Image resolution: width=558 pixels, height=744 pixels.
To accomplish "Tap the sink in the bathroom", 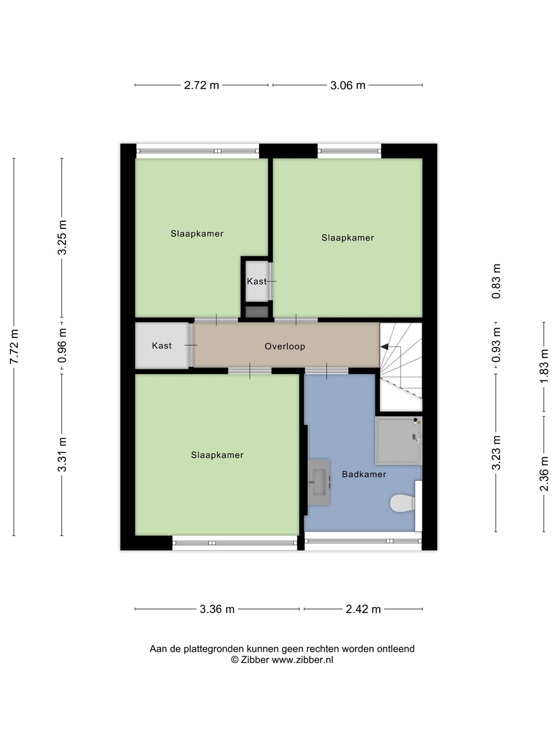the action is click(319, 482).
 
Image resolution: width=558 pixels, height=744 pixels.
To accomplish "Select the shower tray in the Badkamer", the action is click(399, 440).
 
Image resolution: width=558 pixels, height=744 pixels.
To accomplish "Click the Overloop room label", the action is click(285, 346).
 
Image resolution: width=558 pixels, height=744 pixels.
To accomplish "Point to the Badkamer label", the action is click(364, 474).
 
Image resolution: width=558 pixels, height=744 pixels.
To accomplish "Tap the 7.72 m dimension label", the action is click(14, 346).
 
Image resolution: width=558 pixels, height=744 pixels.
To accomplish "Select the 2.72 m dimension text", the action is click(202, 85).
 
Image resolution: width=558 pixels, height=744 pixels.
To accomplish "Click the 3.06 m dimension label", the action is click(348, 85).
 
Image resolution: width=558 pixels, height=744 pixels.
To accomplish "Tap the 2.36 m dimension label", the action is click(544, 474).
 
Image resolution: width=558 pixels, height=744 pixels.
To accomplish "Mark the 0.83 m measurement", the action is click(496, 282).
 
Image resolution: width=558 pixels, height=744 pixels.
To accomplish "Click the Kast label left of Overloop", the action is click(162, 346).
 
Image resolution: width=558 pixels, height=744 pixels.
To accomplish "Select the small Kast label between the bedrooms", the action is click(256, 282).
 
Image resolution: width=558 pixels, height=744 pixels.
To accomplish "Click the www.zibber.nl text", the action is click(303, 660).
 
